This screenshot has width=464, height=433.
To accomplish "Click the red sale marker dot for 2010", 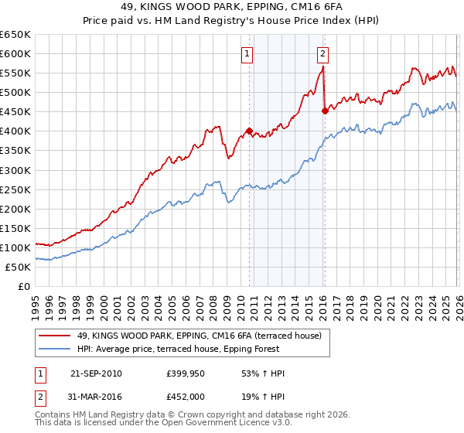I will (x=249, y=131).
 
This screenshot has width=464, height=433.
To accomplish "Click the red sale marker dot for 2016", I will (x=325, y=111).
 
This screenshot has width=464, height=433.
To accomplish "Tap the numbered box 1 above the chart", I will (x=247, y=54).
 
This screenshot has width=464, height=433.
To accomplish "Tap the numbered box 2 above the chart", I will (x=322, y=54).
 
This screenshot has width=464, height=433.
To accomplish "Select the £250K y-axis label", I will (x=15, y=189).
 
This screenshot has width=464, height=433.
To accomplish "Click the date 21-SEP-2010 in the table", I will (x=96, y=373).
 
